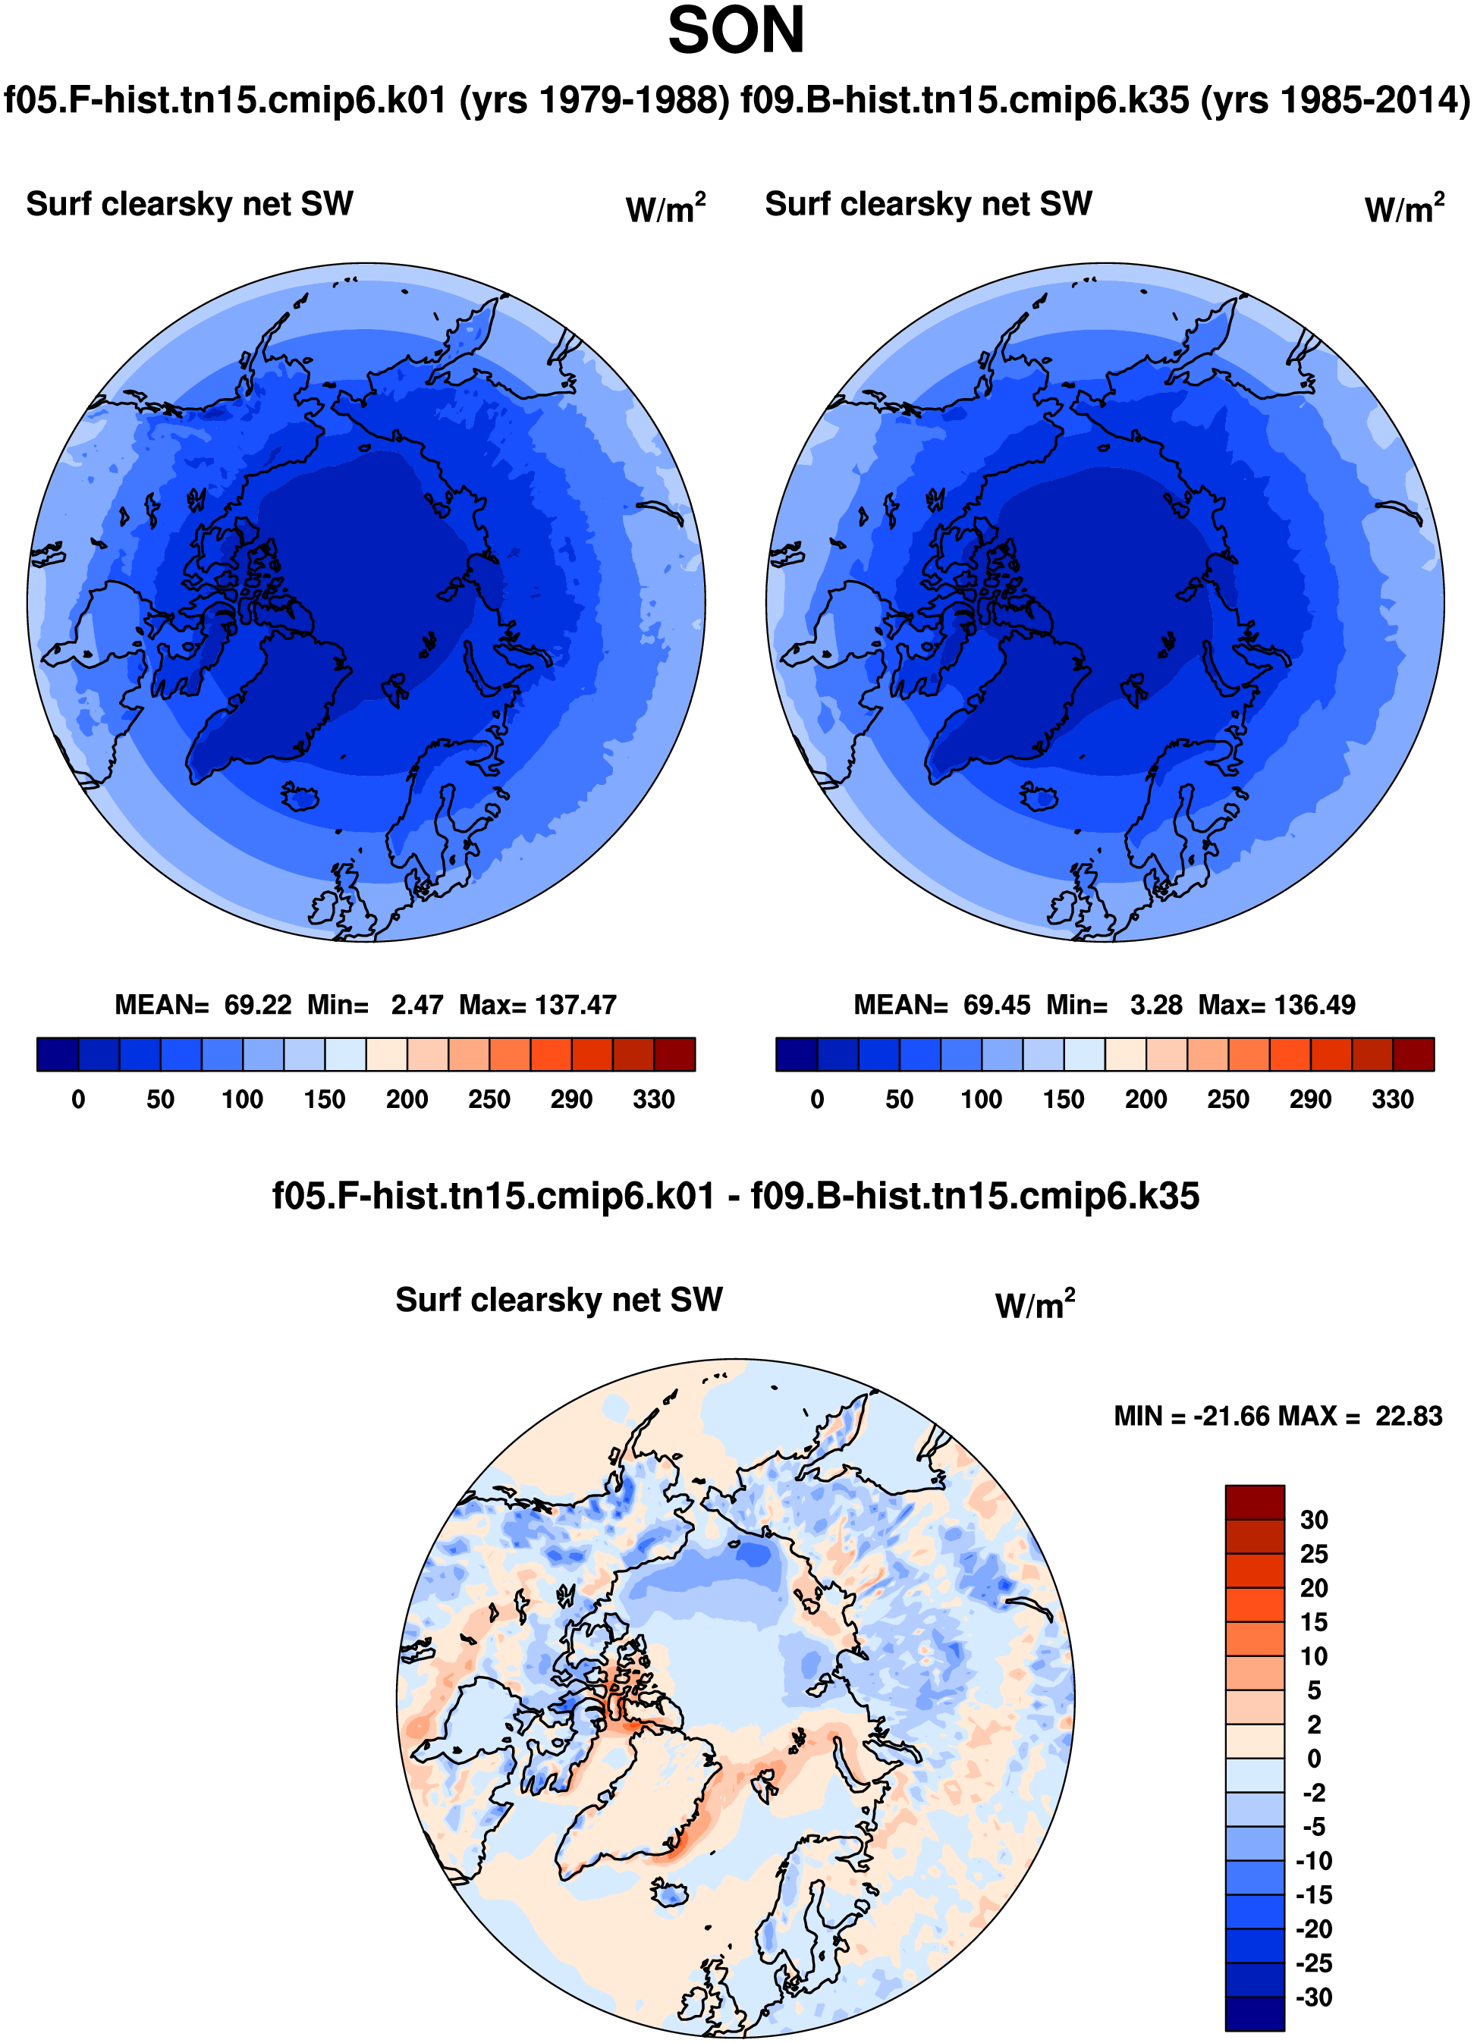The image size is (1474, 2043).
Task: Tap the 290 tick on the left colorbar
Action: (x=571, y=1099)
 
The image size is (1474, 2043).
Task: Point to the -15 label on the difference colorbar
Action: (x=1314, y=1895)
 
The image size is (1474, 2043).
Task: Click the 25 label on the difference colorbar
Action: (x=1314, y=1554)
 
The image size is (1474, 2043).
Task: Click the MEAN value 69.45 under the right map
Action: (x=997, y=1004)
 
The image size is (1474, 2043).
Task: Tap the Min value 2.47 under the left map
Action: (x=416, y=1004)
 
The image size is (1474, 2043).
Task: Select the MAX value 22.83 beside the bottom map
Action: (x=1408, y=1416)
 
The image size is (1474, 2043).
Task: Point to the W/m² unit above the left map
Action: (x=666, y=208)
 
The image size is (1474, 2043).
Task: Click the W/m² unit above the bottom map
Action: (x=1036, y=1304)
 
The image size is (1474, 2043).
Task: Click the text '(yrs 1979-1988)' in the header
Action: (x=595, y=99)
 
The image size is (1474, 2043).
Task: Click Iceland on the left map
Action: (x=300, y=796)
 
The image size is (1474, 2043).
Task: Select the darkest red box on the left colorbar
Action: (x=675, y=1054)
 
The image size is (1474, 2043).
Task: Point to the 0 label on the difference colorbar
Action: (x=1314, y=1759)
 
